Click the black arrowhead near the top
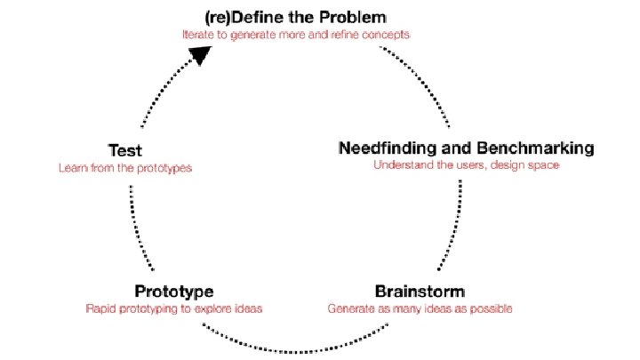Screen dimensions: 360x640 pyautogui.click(x=204, y=55)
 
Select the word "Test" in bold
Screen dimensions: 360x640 pyautogui.click(x=124, y=150)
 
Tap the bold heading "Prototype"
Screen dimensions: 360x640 pyautogui.click(x=173, y=291)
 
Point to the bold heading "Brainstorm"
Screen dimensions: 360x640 pyautogui.click(x=420, y=291)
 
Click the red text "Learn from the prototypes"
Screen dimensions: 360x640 pyautogui.click(x=124, y=167)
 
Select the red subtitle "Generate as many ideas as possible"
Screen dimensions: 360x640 pyautogui.click(x=420, y=308)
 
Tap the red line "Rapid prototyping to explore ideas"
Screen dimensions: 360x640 pyautogui.click(x=173, y=308)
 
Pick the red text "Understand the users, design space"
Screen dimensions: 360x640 pyautogui.click(x=466, y=164)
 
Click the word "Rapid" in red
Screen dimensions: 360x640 pyautogui.click(x=100, y=308)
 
